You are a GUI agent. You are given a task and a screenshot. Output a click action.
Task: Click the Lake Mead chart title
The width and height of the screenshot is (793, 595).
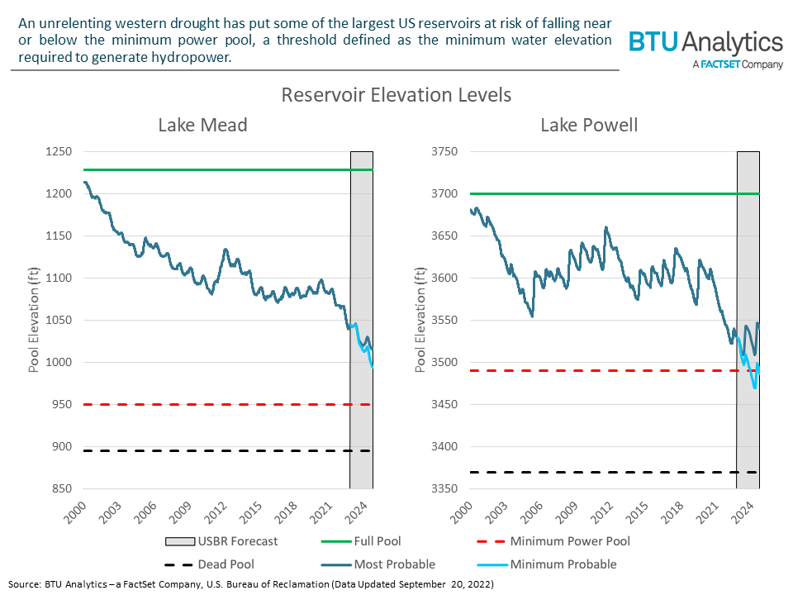coord(202,125)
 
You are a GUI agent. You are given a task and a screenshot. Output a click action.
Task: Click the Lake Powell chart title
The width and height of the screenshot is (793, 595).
coord(589,125)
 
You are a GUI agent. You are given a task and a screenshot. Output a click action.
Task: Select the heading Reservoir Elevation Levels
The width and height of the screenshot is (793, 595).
coord(396,95)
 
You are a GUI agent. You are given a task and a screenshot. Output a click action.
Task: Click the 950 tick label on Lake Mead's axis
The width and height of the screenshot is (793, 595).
coord(63,405)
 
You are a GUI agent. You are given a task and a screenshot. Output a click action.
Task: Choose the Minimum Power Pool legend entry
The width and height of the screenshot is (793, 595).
coord(570,541)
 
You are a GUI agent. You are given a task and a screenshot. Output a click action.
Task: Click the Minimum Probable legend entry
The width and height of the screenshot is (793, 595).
coord(563,564)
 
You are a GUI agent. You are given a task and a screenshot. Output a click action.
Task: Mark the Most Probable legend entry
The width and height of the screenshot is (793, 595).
coord(394,564)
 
